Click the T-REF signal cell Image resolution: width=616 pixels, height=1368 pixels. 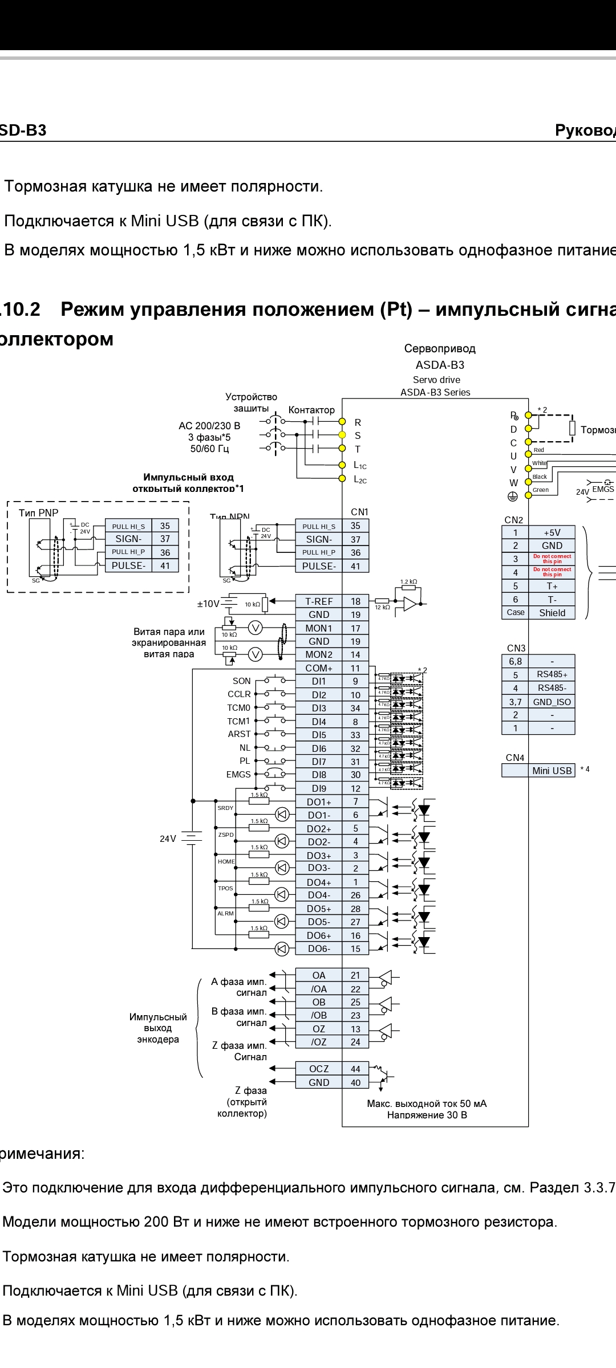(x=319, y=601)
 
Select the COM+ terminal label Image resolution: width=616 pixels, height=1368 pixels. (x=319, y=668)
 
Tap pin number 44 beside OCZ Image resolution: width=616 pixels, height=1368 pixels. (x=355, y=1069)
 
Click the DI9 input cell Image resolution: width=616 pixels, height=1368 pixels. (x=319, y=788)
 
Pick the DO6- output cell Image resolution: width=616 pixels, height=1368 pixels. (x=319, y=948)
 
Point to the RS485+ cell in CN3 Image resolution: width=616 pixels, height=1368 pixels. (x=552, y=675)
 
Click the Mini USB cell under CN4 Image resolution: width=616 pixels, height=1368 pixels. (x=552, y=771)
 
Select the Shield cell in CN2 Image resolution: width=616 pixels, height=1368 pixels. (x=552, y=613)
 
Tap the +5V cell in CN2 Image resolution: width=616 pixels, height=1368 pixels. (x=552, y=532)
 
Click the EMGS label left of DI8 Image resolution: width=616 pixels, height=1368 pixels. (x=238, y=775)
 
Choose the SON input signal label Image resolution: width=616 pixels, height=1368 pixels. (x=241, y=681)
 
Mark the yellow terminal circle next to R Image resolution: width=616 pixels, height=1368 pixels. (x=342, y=422)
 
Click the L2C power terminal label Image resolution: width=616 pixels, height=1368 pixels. (x=360, y=479)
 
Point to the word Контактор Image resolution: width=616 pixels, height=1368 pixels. (x=311, y=410)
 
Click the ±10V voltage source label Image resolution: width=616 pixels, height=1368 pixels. (x=208, y=604)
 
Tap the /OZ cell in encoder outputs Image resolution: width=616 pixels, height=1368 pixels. (x=319, y=1042)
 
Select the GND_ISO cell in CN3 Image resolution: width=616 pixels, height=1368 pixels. (x=552, y=702)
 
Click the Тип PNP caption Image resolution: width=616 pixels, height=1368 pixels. (x=38, y=513)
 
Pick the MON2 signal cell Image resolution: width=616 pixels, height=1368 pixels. (x=319, y=654)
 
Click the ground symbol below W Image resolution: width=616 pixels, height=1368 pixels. (x=513, y=496)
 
